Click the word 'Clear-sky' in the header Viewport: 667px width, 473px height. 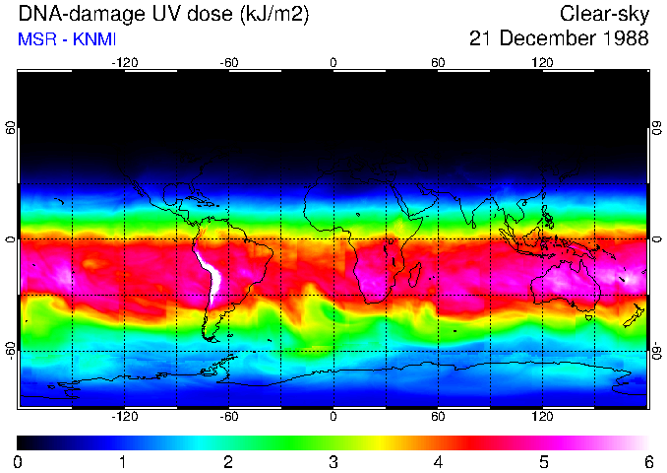point(604,14)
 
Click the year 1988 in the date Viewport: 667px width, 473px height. point(622,38)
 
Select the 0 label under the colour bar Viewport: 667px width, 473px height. point(18,461)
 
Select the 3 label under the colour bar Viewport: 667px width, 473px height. point(333,461)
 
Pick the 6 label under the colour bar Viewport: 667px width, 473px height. point(647,461)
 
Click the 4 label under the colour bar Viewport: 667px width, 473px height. point(438,461)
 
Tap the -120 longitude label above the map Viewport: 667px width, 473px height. point(124,62)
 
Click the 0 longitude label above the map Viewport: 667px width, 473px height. point(333,62)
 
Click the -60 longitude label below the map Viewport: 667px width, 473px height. point(228,416)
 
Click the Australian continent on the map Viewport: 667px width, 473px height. point(565,281)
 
